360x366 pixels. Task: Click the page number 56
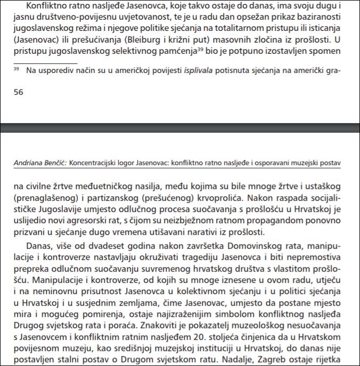pyautogui.click(x=18, y=92)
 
